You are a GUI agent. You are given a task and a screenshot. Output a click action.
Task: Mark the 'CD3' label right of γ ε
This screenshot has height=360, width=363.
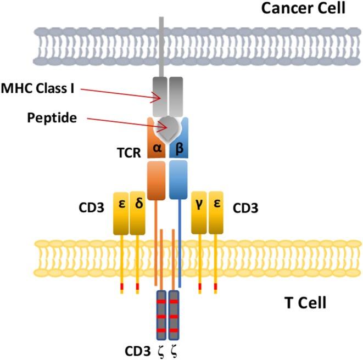coord(246,209)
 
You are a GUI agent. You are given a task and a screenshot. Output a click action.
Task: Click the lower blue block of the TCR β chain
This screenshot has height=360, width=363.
coord(179,182)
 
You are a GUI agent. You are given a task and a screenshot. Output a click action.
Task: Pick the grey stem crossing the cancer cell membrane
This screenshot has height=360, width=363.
coord(161,44)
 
